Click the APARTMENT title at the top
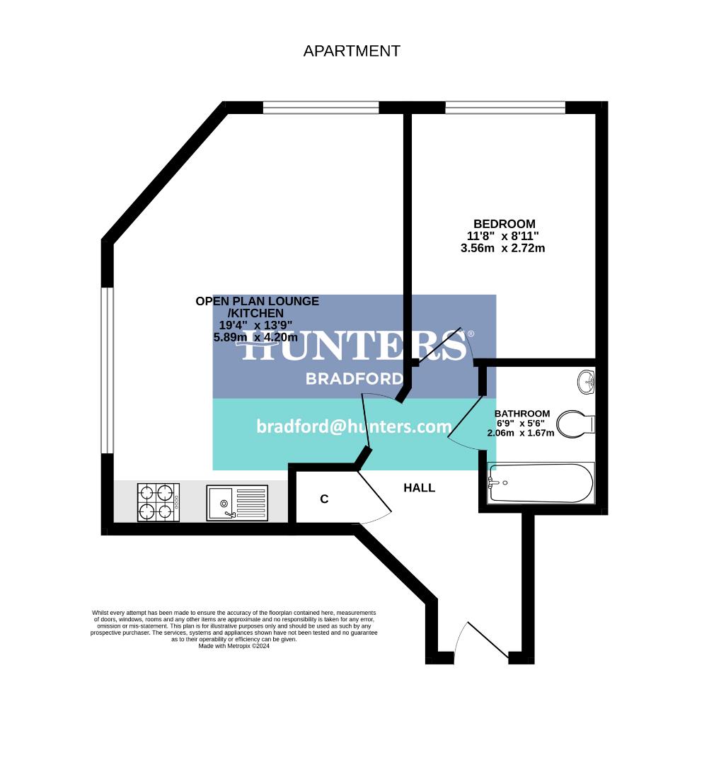(352, 51)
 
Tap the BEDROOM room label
(504, 224)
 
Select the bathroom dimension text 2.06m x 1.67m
(520, 433)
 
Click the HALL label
(419, 488)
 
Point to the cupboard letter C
(324, 499)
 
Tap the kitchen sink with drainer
(238, 502)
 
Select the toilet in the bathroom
(577, 424)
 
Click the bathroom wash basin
(587, 382)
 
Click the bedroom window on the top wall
(505, 108)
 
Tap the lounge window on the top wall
(321, 108)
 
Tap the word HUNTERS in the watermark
(354, 346)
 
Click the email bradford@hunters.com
(354, 426)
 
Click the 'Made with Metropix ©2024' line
(234, 646)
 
